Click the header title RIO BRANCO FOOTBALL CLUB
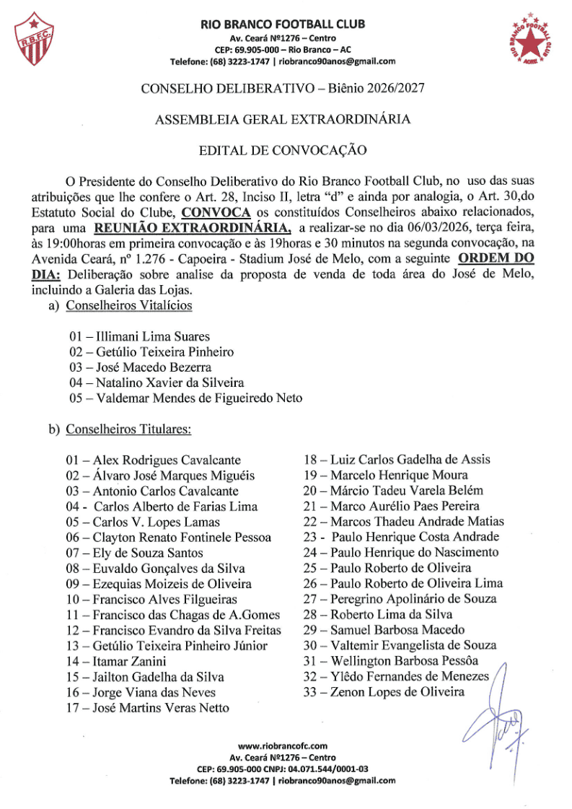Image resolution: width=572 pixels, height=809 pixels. point(283,25)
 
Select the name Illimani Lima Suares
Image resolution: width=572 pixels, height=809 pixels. point(148,336)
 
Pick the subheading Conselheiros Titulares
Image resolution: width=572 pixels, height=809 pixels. point(128,429)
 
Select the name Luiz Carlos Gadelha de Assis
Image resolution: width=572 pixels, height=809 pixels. point(410,459)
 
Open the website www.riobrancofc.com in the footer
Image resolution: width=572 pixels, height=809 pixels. point(283,745)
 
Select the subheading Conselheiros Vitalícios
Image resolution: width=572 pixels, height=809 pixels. point(129,305)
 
